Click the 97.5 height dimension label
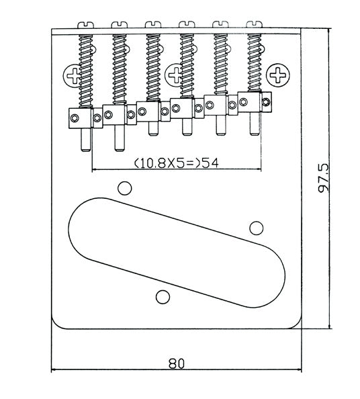324,178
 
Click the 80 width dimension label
177,364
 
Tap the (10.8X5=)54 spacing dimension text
177,163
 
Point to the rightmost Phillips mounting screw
277,75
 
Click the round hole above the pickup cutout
125,188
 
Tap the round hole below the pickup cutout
163,297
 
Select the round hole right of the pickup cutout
256,228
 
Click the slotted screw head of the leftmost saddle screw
85,25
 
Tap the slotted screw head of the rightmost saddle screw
255,24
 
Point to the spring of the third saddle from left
153,67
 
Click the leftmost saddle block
81,118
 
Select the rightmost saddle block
249,102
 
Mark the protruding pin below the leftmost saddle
85,140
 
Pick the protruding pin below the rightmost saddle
255,124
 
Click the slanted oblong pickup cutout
177,253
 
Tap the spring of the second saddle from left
120,69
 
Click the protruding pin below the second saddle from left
120,138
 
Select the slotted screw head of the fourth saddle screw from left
187,24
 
